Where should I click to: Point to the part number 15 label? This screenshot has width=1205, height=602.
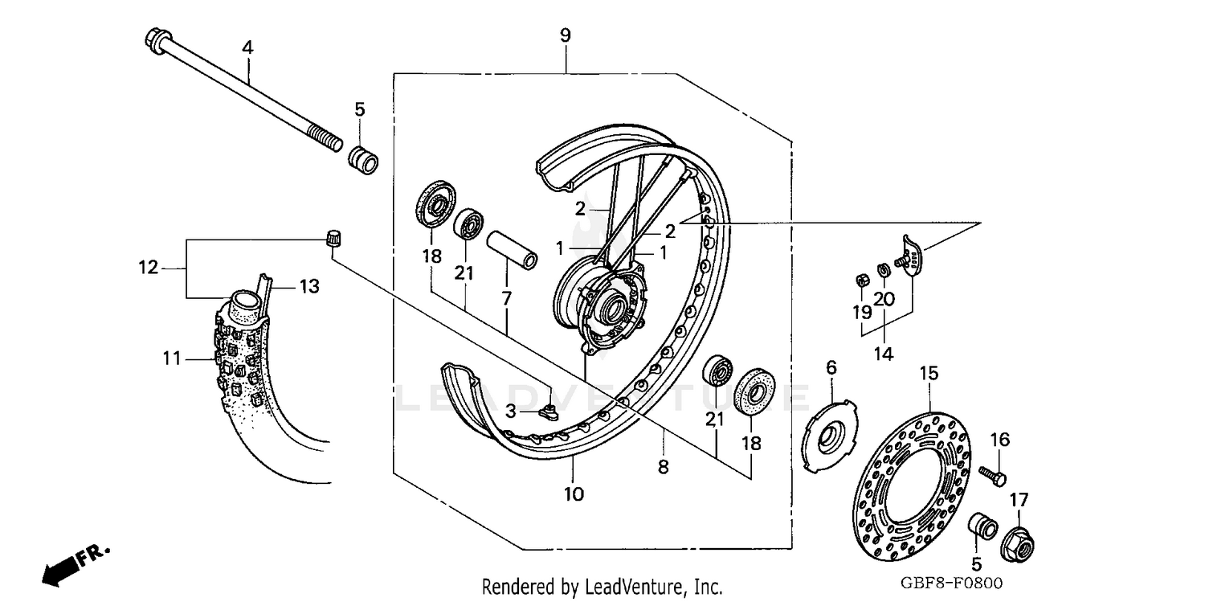(x=929, y=374)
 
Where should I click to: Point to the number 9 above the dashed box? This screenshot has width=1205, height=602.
(x=566, y=35)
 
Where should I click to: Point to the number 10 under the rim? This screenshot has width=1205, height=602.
(x=573, y=494)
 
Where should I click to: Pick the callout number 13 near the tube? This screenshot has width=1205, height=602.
(x=309, y=286)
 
